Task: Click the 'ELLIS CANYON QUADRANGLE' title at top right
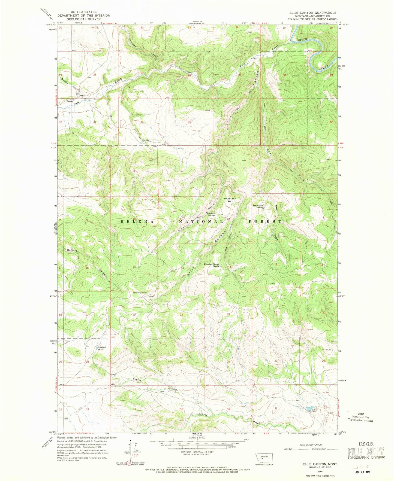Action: pyautogui.click(x=313, y=13)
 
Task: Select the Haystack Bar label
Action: pyautogui.click(x=230, y=200)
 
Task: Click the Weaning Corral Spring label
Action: pyautogui.click(x=212, y=265)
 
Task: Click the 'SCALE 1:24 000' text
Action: pyautogui.click(x=197, y=438)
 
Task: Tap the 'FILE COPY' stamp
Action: pyautogui.click(x=366, y=452)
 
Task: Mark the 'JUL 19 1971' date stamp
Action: pyautogui.click(x=364, y=472)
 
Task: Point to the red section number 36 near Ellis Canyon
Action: pyautogui.click(x=236, y=122)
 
